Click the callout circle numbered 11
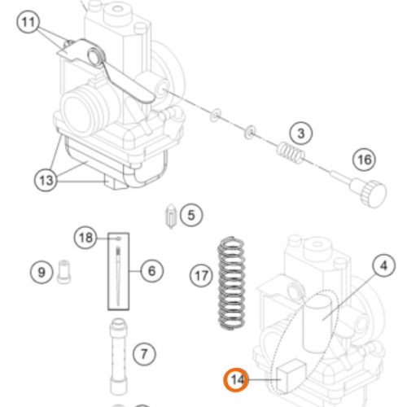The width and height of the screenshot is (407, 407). (x=28, y=22)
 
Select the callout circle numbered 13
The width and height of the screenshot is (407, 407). (x=46, y=180)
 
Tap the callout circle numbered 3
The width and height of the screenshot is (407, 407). (x=301, y=133)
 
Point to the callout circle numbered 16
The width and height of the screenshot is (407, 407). (x=364, y=160)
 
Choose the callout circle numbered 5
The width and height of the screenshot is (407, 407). (x=191, y=215)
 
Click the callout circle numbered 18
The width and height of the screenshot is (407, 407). (x=85, y=238)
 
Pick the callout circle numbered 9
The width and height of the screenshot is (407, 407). (x=42, y=272)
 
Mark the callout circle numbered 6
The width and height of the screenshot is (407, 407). (x=152, y=271)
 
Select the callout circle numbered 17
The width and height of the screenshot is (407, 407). (x=201, y=276)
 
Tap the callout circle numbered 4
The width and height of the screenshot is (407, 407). (x=383, y=265)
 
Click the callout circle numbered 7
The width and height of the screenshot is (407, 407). (x=144, y=354)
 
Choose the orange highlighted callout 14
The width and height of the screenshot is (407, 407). (x=236, y=379)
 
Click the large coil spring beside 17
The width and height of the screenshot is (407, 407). (x=231, y=283)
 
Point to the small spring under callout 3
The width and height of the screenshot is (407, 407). (x=291, y=153)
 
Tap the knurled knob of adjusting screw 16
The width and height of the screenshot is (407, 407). (x=374, y=194)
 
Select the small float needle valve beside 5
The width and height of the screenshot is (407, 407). (x=171, y=217)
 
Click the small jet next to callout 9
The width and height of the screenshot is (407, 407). (x=64, y=272)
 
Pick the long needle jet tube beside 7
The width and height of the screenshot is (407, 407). (x=118, y=357)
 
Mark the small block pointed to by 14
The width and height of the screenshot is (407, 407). (x=290, y=375)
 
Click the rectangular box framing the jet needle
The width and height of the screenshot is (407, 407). (x=108, y=271)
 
